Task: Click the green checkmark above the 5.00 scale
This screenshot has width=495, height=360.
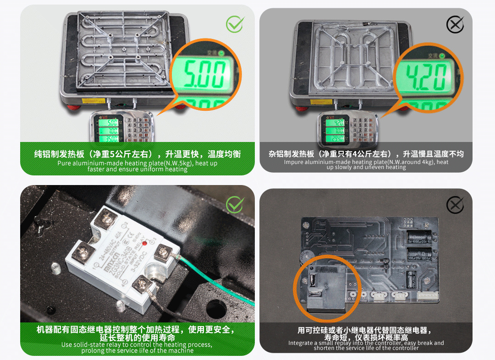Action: pyautogui.click(x=235, y=24)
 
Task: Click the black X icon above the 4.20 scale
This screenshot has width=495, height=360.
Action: pyautogui.click(x=455, y=25)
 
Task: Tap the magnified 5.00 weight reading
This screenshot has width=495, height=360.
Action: pyautogui.click(x=204, y=75)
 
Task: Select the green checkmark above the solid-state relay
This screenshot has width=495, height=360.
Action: pyautogui.click(x=235, y=205)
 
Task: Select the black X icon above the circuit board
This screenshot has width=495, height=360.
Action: pyautogui.click(x=455, y=205)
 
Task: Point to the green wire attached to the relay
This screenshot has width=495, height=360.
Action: pyautogui.click(x=215, y=279)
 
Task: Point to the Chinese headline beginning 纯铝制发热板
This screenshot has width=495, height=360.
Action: pyautogui.click(x=137, y=154)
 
